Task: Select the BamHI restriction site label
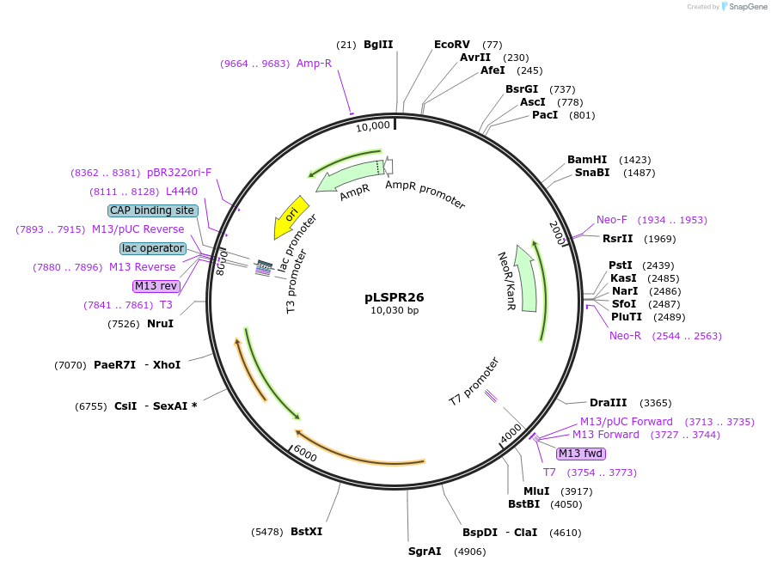tap(587, 160)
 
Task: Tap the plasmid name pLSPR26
tap(395, 297)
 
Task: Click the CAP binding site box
tap(153, 210)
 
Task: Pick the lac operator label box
tap(153, 248)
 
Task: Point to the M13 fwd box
tap(581, 454)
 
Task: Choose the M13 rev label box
tap(156, 286)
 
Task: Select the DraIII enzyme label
tap(606, 403)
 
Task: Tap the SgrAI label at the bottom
tap(425, 551)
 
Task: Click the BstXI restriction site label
tap(306, 532)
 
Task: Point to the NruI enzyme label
tap(160, 324)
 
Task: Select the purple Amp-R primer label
tap(314, 64)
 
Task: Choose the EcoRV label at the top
tap(452, 44)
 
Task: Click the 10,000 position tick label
tap(373, 126)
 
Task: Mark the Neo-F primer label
tap(612, 220)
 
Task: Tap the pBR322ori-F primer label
tap(179, 173)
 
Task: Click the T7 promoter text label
tap(474, 382)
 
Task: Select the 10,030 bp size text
tap(395, 311)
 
